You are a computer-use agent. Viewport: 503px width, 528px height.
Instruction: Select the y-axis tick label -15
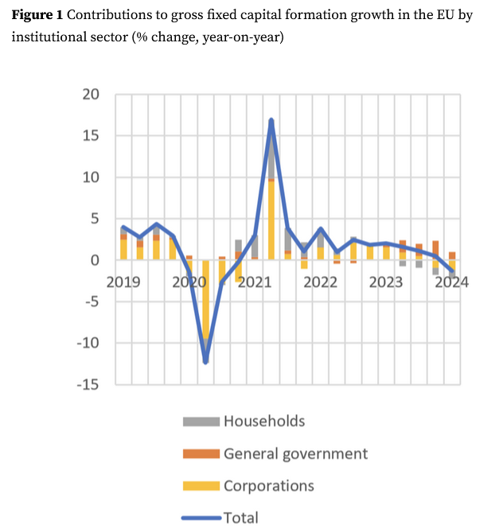pos(87,385)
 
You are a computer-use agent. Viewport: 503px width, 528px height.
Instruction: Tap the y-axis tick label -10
pos(87,344)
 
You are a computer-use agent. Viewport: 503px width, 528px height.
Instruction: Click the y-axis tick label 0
pos(95,260)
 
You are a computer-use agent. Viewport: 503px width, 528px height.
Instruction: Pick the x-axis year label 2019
pos(123,282)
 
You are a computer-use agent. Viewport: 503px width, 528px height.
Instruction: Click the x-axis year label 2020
pos(189,282)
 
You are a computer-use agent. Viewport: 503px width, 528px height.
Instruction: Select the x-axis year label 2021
pos(254,282)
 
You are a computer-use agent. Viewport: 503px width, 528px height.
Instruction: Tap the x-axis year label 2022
pos(320,282)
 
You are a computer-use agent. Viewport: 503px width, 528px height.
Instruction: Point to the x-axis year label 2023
pos(385,282)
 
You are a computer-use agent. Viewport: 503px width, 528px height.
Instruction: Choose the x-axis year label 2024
pos(450,282)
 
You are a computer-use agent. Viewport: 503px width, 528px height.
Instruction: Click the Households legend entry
pos(263,421)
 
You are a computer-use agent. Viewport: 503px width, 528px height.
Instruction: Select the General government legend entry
pos(295,454)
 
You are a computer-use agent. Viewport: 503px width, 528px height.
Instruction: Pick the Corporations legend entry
pos(268,486)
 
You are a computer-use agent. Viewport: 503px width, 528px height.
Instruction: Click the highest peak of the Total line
pos(271,120)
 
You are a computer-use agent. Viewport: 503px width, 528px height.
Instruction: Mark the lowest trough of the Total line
pos(205,362)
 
